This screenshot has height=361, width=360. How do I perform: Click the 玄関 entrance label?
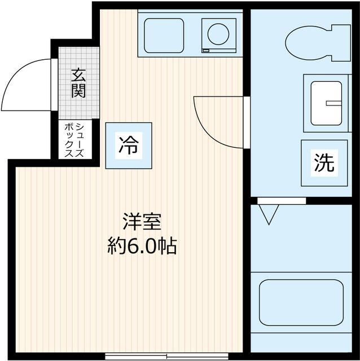(78, 83)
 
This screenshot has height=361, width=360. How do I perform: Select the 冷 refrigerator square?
(129, 145)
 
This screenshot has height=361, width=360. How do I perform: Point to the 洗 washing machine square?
(324, 163)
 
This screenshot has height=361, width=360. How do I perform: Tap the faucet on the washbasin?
(335, 103)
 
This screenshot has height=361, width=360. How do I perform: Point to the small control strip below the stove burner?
(206, 51)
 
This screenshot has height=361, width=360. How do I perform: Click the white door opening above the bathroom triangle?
(282, 200)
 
